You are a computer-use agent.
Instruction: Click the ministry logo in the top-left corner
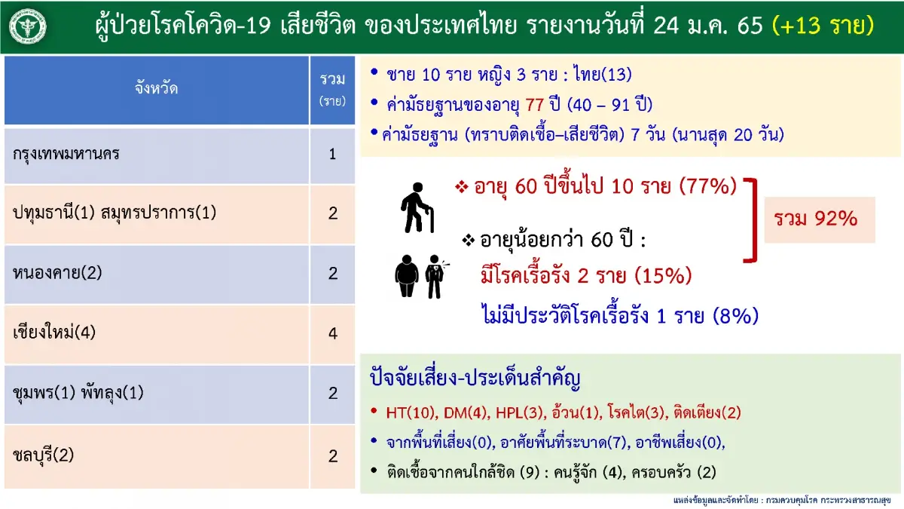[27, 26]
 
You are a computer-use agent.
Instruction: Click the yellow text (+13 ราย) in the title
[823, 26]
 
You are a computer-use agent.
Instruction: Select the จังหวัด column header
[157, 89]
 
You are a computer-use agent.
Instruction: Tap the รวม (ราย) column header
[332, 90]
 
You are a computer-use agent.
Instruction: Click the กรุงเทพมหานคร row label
[66, 155]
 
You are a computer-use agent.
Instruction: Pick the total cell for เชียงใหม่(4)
[332, 333]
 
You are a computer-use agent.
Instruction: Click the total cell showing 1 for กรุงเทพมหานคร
[332, 155]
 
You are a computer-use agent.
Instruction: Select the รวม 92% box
[820, 219]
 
